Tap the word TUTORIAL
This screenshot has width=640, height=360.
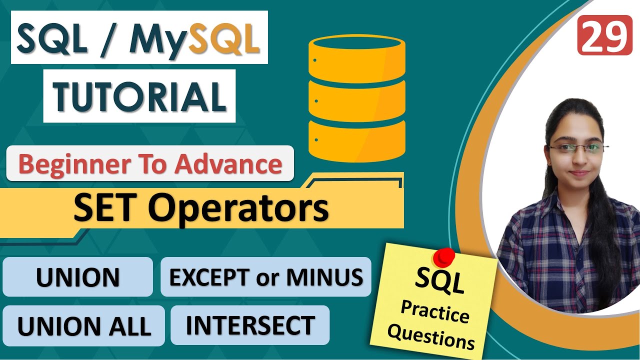click(139, 96)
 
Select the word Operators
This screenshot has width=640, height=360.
click(238, 208)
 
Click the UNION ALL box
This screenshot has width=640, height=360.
click(83, 326)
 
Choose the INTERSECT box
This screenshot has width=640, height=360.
click(250, 325)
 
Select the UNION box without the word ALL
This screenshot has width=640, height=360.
click(77, 277)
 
